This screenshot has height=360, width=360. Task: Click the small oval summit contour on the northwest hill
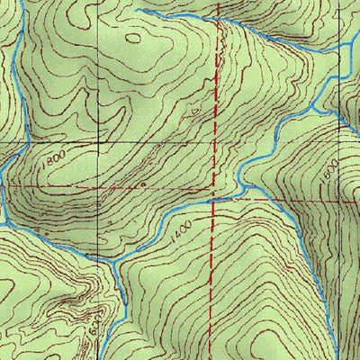pos(135,38)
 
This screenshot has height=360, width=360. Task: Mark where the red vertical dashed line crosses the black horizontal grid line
pos(215,141)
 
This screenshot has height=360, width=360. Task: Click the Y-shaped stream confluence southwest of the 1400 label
pos(117,259)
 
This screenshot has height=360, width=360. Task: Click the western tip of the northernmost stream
pos(137,9)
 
